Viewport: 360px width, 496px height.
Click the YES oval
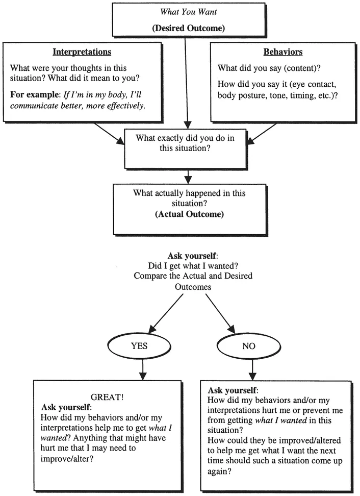pyautogui.click(x=139, y=345)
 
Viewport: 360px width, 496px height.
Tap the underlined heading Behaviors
pyautogui.click(x=283, y=52)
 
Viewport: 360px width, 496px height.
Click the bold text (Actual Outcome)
pyautogui.click(x=189, y=214)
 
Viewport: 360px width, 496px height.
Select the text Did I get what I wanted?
pyautogui.click(x=189, y=266)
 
